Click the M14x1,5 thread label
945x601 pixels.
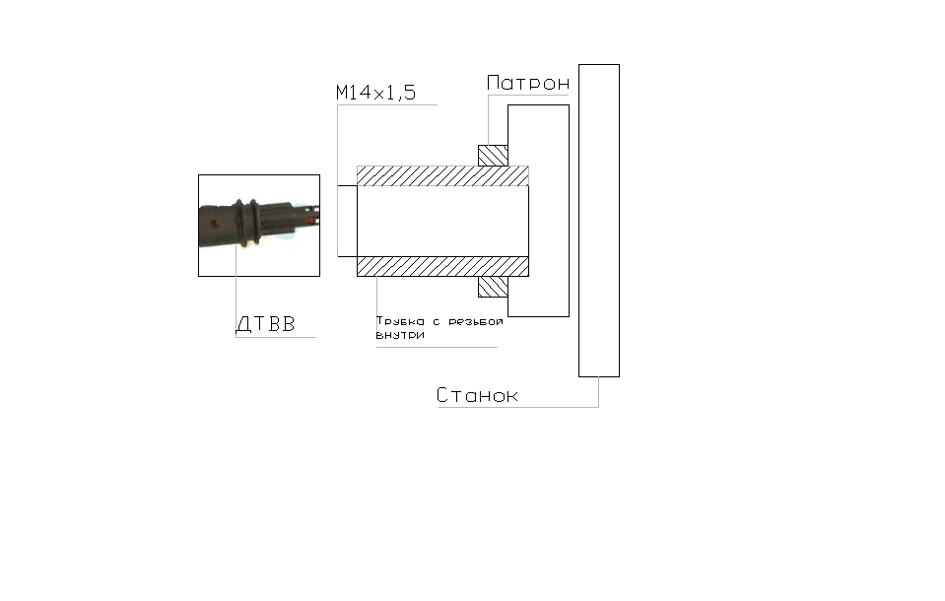(375, 93)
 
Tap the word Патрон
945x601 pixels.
(528, 83)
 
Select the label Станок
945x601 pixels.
(477, 395)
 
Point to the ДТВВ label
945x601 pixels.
(265, 324)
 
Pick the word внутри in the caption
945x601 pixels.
(400, 335)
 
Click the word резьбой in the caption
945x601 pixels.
(476, 321)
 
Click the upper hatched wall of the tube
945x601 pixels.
(442, 176)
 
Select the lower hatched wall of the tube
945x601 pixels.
(442, 266)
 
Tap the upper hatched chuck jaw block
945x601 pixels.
(493, 156)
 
